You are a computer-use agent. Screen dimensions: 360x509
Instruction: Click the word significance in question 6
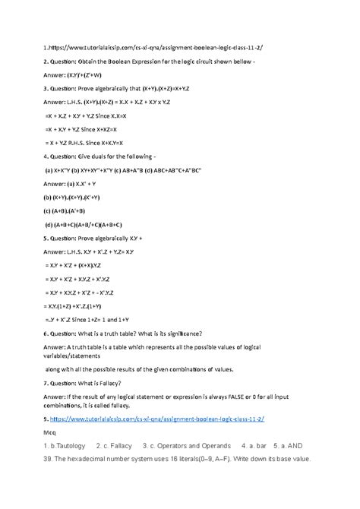175,334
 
